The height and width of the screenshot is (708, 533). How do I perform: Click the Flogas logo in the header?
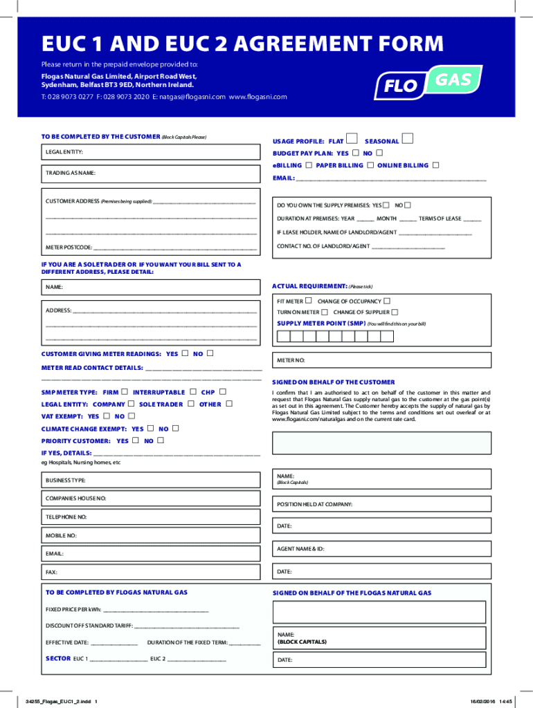[428, 83]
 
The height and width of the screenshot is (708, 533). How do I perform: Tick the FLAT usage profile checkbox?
[352, 140]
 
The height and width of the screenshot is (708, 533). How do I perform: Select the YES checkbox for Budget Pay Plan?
[356, 153]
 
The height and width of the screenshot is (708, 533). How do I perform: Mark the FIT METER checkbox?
[309, 301]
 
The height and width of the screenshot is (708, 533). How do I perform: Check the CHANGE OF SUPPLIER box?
[395, 313]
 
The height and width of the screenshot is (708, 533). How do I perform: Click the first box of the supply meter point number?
[282, 337]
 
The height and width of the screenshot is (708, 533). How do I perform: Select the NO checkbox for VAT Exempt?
[131, 416]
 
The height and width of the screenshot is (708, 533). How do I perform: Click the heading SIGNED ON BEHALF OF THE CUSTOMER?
[334, 382]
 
